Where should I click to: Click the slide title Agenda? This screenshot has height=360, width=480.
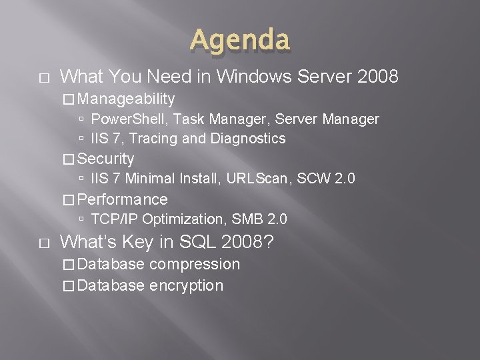[x=240, y=39]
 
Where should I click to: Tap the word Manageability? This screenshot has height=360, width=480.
[x=127, y=99]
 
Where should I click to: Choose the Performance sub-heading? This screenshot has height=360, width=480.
[x=123, y=199]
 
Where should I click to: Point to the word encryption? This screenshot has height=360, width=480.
[x=186, y=286]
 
